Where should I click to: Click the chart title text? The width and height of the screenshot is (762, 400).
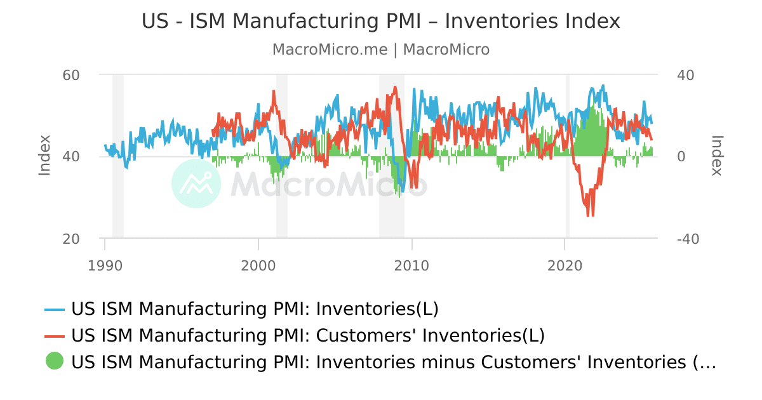380,22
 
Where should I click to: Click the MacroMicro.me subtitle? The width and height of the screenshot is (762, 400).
380,50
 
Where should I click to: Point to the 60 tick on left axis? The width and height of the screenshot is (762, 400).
70,75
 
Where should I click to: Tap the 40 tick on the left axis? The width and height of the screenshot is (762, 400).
70,157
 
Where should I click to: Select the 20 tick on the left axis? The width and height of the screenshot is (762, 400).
70,239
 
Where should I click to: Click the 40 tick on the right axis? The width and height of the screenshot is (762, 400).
686,75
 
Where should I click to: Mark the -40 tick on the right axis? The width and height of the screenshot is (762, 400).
688,239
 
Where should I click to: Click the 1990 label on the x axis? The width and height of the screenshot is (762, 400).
105,265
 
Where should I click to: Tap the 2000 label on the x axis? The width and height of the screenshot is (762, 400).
258,265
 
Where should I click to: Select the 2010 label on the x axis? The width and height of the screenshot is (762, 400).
412,265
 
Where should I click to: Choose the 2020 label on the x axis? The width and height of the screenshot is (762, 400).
565,265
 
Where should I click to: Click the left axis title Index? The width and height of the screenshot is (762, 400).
44,156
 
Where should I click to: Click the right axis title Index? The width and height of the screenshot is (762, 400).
717,156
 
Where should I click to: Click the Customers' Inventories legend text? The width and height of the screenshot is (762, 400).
308,335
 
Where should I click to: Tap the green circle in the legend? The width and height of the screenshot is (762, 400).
55,361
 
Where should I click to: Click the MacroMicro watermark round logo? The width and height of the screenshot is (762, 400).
196,183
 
